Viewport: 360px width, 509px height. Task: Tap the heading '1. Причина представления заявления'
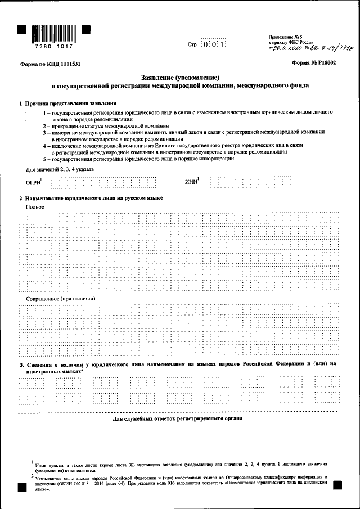coord(68,103)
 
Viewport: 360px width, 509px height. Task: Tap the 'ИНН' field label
coord(192,181)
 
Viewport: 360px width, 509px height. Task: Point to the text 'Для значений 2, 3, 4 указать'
coord(56,169)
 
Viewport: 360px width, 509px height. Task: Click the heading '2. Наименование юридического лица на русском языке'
coord(91,199)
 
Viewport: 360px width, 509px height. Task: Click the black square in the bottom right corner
coord(337,484)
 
